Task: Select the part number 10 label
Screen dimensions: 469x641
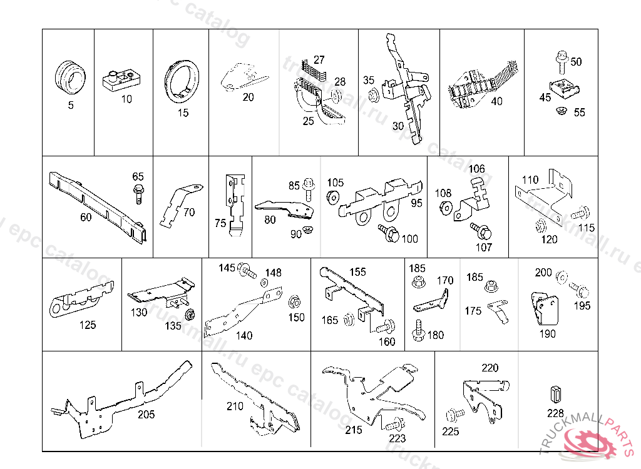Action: pyautogui.click(x=126, y=99)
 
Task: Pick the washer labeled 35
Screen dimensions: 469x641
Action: pyautogui.click(x=373, y=95)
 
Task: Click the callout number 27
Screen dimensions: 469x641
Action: pyautogui.click(x=319, y=60)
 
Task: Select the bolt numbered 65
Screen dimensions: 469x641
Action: pyautogui.click(x=138, y=192)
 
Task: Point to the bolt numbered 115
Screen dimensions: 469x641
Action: pyautogui.click(x=582, y=212)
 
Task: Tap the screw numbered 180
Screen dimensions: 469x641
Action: pyautogui.click(x=418, y=330)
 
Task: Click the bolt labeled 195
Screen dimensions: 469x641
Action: pyautogui.click(x=580, y=291)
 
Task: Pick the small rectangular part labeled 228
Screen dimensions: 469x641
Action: pyautogui.click(x=555, y=395)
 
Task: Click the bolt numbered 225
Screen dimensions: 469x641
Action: pyautogui.click(x=453, y=415)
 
